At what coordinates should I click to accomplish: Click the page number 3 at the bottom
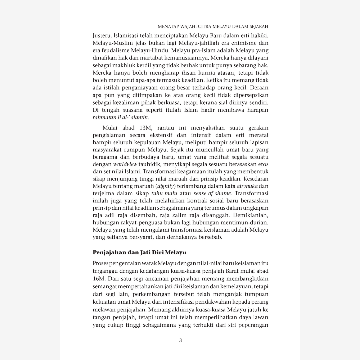click(180, 340)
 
